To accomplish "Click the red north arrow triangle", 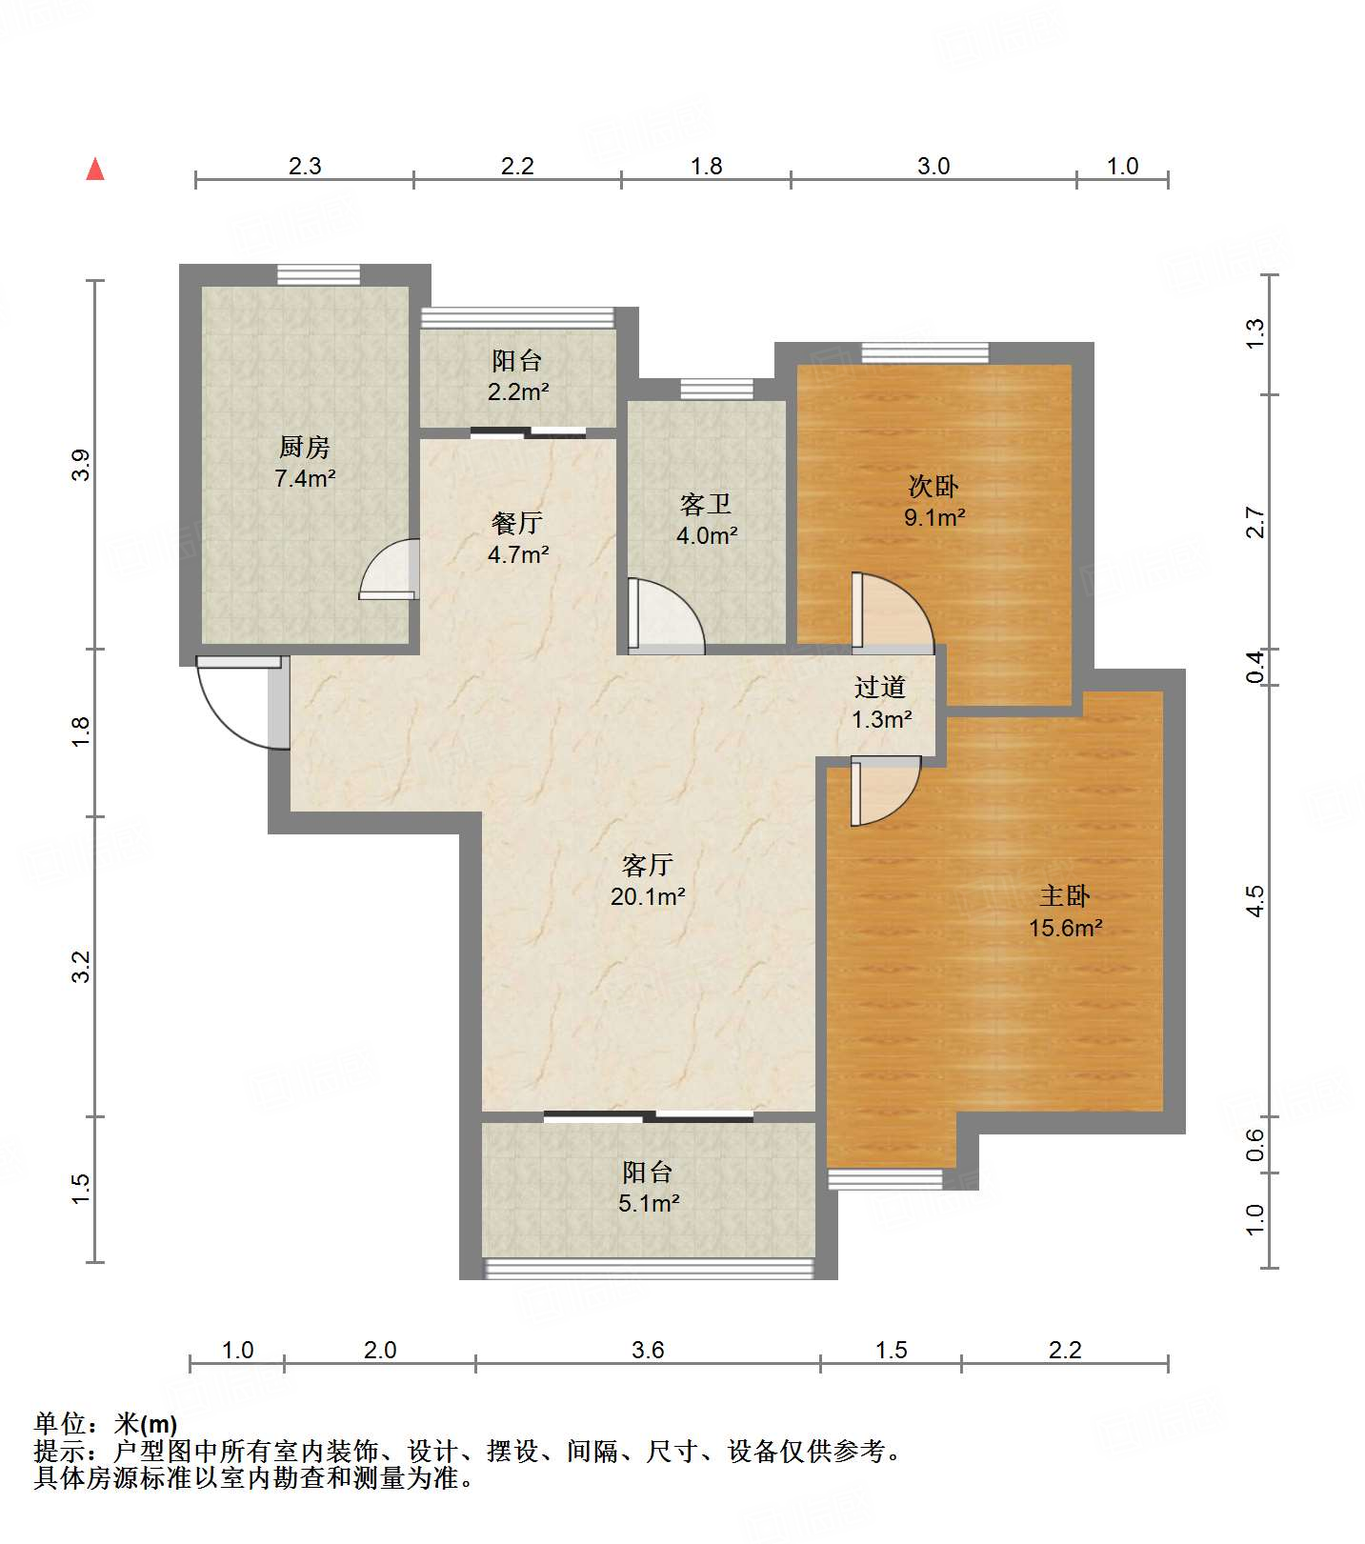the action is click(95, 169).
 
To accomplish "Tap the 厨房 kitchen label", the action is click(305, 446).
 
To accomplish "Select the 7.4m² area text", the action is click(305, 478).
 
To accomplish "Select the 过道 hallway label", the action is click(879, 687).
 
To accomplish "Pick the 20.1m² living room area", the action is click(648, 896).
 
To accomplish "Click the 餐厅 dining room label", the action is click(517, 522).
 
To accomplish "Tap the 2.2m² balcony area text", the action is click(518, 391).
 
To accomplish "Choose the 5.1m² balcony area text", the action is click(649, 1203).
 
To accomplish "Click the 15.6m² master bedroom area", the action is click(1065, 927).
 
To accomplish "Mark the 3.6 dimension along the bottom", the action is click(648, 1350).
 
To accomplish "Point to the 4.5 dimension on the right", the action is click(1255, 901).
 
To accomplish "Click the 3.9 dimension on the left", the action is click(81, 465).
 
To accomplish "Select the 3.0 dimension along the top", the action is click(933, 166).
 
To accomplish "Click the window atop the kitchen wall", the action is click(319, 275).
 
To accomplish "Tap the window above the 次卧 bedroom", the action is click(925, 352).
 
